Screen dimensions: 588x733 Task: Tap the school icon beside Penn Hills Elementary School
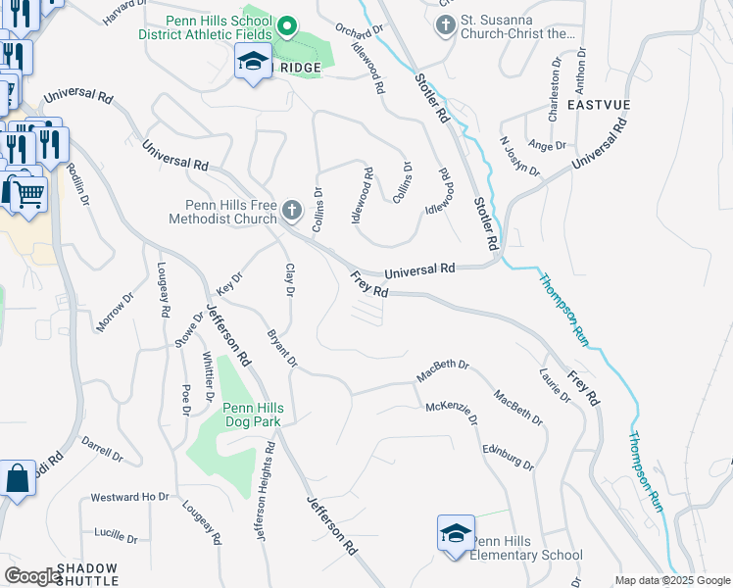click(x=456, y=533)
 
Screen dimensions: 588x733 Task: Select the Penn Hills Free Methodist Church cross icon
click(x=292, y=210)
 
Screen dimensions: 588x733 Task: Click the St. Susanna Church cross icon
click(x=445, y=24)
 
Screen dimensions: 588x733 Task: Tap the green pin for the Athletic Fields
click(x=286, y=25)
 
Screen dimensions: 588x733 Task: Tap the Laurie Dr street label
click(x=555, y=385)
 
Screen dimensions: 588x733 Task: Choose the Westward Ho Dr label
click(x=130, y=497)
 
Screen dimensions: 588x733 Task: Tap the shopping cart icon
click(x=27, y=193)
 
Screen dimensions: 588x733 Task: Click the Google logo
click(x=33, y=576)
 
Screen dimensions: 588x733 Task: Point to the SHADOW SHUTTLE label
click(x=86, y=574)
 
